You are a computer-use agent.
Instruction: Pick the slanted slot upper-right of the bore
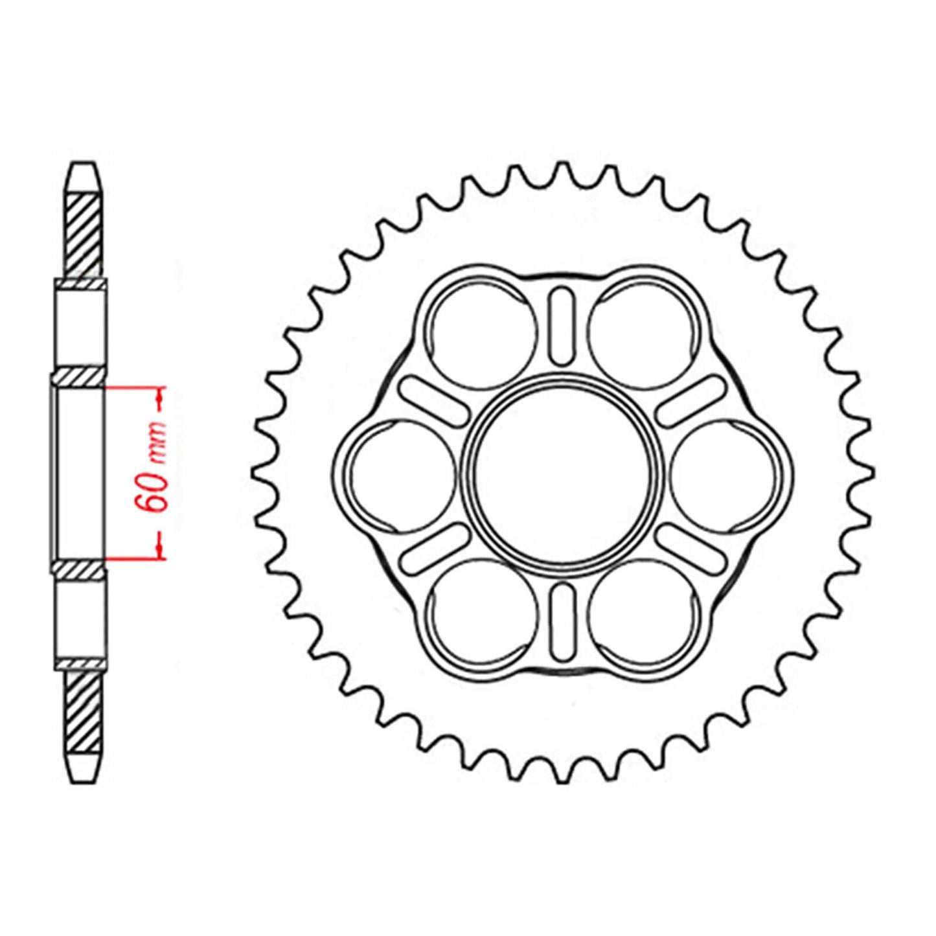(691, 400)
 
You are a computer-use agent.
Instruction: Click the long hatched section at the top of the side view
(84, 233)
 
